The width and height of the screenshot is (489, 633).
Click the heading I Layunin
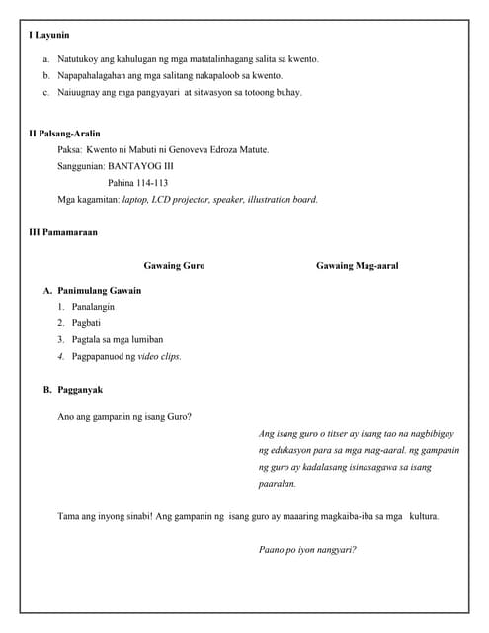pyautogui.click(x=48, y=36)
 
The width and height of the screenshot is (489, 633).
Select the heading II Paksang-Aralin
pyautogui.click(x=64, y=133)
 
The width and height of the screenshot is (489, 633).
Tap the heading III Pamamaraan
pyautogui.click(x=62, y=233)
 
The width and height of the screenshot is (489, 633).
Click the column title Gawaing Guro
pyautogui.click(x=174, y=266)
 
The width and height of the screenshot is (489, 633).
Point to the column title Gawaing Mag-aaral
pyautogui.click(x=358, y=266)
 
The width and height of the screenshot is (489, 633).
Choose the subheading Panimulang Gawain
pyautogui.click(x=99, y=291)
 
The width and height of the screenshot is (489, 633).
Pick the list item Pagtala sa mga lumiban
pyautogui.click(x=118, y=340)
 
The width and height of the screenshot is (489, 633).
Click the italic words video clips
pyautogui.click(x=158, y=356)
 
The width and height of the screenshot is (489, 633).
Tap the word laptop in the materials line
pyautogui.click(x=136, y=200)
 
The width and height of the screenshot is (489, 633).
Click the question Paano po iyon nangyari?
pyautogui.click(x=306, y=550)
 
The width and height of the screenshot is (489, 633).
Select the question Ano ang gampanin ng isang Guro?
pyautogui.click(x=124, y=416)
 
